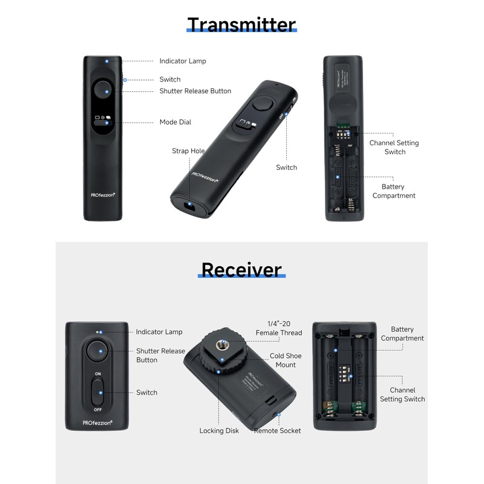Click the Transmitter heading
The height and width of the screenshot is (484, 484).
[x=241, y=25]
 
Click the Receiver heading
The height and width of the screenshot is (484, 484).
[x=241, y=269]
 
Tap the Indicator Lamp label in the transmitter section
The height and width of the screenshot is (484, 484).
[x=183, y=61]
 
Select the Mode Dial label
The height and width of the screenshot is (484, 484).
[x=175, y=122]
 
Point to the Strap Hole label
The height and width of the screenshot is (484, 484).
[x=188, y=151]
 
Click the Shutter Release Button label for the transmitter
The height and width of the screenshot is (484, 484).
[x=195, y=91]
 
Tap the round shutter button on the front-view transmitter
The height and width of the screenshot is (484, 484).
[x=106, y=91]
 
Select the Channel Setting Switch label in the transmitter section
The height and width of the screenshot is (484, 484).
[x=394, y=147]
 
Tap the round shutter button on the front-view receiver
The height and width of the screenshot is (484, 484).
[x=98, y=351]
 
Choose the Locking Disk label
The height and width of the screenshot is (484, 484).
[x=219, y=431]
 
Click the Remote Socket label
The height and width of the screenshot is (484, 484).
[x=277, y=431]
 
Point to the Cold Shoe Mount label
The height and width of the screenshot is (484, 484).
[x=286, y=360]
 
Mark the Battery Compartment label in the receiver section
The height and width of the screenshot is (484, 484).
[x=402, y=334]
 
